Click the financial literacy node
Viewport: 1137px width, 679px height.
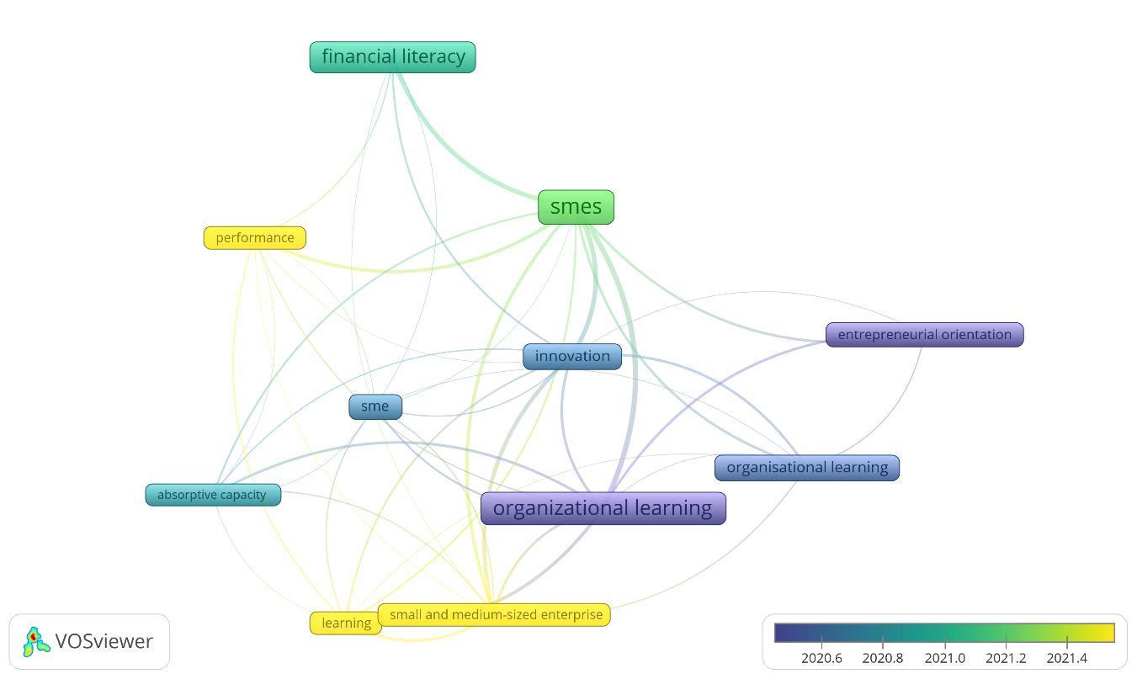tap(393, 57)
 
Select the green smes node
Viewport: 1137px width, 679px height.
tap(576, 207)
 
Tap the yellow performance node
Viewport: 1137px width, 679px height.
tap(255, 238)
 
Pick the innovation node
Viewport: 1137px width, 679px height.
tap(572, 357)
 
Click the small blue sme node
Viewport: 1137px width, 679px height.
tap(375, 407)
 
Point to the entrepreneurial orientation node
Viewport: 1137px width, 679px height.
tap(924, 335)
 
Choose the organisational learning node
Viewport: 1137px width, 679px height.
tap(807, 468)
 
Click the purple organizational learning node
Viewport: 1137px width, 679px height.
tap(603, 508)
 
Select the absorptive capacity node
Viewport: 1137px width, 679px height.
tap(212, 495)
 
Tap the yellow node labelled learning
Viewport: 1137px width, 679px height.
tap(345, 623)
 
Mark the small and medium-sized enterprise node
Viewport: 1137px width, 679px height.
tap(496, 615)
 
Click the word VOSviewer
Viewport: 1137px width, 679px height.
tap(104, 642)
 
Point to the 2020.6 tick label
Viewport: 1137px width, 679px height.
tap(821, 658)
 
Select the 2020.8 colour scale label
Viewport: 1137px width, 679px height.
tap(882, 658)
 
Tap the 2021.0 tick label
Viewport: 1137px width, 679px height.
tap(944, 658)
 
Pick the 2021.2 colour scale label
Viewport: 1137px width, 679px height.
tap(1006, 658)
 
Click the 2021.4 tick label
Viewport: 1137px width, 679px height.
tap(1067, 658)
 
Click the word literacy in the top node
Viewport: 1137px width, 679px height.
tap(433, 57)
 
